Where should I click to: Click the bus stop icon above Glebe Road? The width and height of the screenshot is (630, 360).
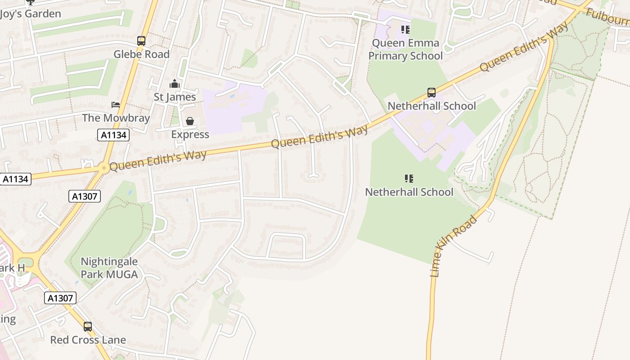[141, 41]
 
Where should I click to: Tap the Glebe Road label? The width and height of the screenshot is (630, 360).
[141, 54]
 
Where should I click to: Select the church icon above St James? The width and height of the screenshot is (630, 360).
[175, 84]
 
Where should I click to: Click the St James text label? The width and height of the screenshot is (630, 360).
[175, 97]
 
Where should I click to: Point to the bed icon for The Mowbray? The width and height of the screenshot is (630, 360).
[116, 105]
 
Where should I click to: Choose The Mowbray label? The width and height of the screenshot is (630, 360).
[116, 118]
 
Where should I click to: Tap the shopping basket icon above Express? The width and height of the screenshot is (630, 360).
[190, 121]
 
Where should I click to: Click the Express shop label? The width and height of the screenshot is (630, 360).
[190, 134]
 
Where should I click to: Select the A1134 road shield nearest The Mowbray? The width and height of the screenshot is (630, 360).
[113, 135]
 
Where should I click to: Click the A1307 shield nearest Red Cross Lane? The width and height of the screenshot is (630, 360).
[60, 298]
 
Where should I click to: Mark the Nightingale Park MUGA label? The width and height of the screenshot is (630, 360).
[109, 268]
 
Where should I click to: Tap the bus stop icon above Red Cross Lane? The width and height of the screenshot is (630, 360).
[88, 326]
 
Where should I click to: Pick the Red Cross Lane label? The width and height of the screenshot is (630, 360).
[88, 340]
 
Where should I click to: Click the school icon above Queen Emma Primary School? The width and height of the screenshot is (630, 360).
[405, 30]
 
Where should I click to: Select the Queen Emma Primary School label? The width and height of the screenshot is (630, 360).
[405, 49]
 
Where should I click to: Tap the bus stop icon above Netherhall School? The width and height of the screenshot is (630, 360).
[432, 93]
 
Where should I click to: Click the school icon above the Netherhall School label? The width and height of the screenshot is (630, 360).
[409, 179]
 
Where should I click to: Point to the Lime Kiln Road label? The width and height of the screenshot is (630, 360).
[453, 247]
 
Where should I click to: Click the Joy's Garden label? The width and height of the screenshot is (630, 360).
[30, 14]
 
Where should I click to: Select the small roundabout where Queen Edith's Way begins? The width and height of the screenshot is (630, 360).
[104, 168]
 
